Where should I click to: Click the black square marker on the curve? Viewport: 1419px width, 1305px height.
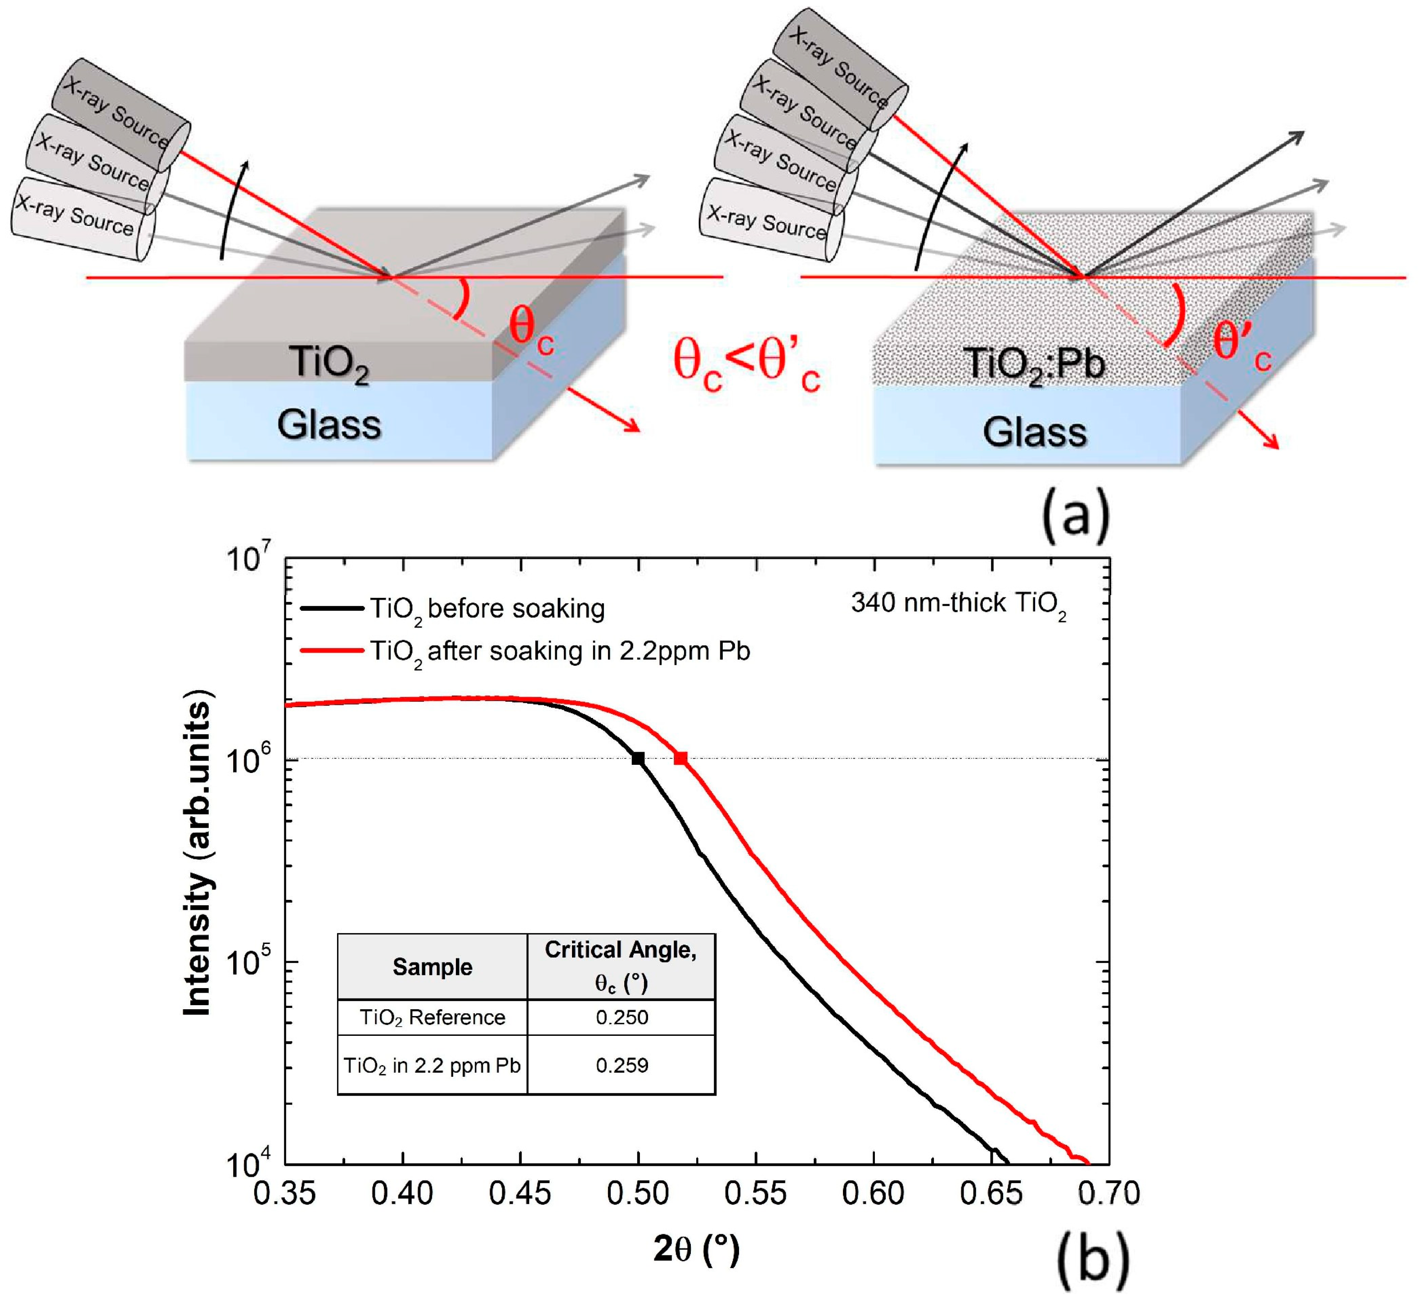(638, 759)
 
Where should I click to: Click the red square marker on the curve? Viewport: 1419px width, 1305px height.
(680, 759)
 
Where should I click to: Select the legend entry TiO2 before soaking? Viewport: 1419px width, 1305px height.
(487, 609)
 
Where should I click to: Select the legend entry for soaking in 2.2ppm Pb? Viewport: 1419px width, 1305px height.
(560, 651)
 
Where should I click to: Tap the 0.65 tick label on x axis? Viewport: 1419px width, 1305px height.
(991, 1193)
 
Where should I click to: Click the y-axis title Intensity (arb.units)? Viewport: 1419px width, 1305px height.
(197, 858)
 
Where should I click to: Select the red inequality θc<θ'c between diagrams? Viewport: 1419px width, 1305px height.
(746, 364)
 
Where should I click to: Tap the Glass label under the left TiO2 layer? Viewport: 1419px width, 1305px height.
(329, 424)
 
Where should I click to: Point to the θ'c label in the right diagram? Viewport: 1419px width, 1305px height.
(1241, 346)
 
